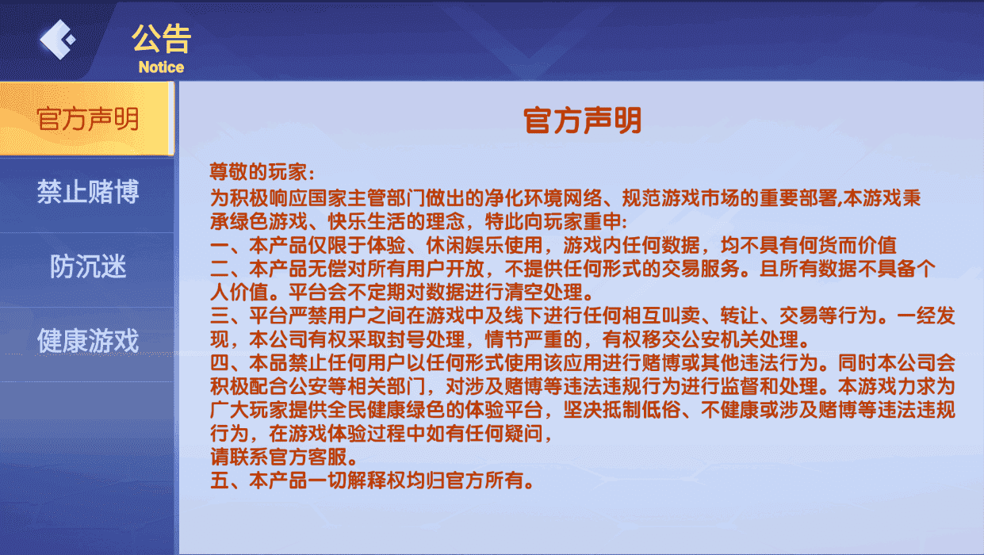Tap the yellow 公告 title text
tap(161, 38)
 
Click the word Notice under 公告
tap(161, 67)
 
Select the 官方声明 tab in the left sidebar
tap(87, 119)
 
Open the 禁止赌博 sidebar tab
tap(87, 192)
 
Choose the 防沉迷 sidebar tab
tap(87, 267)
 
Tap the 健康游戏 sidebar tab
tap(87, 342)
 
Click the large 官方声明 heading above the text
tap(582, 121)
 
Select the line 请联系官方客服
tap(282, 457)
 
